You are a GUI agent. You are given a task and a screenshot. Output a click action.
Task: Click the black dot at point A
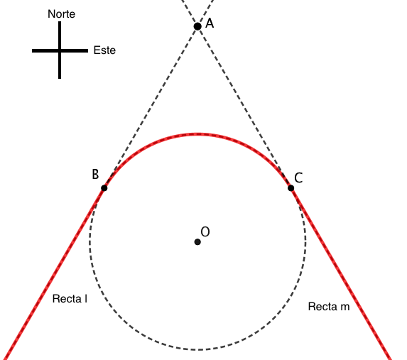click(197, 26)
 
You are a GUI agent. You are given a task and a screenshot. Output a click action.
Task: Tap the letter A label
click(210, 23)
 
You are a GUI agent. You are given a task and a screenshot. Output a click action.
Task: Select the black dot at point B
click(104, 188)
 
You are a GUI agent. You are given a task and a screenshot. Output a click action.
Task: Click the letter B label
click(95, 174)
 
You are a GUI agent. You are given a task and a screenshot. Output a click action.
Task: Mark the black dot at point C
click(291, 188)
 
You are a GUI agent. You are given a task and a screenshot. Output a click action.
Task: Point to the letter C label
click(298, 178)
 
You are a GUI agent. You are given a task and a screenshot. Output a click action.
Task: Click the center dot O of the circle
click(197, 242)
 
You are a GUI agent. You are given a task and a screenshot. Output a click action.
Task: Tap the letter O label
click(205, 231)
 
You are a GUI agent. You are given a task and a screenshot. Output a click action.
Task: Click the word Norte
click(62, 14)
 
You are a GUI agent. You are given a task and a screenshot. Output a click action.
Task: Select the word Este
click(104, 50)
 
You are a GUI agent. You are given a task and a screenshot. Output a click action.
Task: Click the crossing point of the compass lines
click(60, 51)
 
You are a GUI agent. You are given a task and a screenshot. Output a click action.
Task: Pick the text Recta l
click(70, 299)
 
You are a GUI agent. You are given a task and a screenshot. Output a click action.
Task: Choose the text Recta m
click(329, 307)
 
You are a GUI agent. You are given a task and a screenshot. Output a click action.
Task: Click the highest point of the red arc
click(197, 134)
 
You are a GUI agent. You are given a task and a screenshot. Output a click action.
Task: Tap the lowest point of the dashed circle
click(197, 349)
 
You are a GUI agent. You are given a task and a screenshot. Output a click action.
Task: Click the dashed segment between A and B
click(151, 107)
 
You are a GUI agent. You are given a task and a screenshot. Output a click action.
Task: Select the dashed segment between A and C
click(244, 107)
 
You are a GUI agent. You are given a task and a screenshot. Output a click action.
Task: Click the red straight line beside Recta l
click(53, 274)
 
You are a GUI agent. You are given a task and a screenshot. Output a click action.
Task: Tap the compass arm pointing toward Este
click(75, 51)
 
